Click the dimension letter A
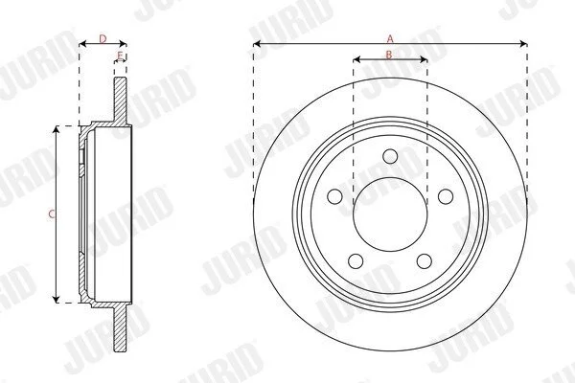[x=390, y=38]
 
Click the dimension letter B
[x=389, y=55]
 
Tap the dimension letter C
[x=52, y=214]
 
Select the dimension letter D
[x=103, y=38]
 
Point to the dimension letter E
[x=120, y=55]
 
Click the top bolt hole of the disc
[x=390, y=156]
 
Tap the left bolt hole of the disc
[x=334, y=196]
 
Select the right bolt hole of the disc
[x=446, y=196]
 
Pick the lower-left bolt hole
[x=356, y=261]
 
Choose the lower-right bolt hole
[x=425, y=261]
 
